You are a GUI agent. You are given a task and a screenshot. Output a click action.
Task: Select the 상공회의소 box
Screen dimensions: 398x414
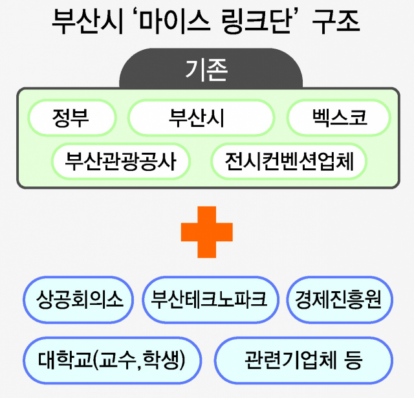click(x=78, y=300)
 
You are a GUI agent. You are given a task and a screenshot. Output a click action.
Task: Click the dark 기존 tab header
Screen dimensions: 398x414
click(x=210, y=70)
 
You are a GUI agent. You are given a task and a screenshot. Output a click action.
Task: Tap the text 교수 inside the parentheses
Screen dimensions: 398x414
click(x=118, y=359)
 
